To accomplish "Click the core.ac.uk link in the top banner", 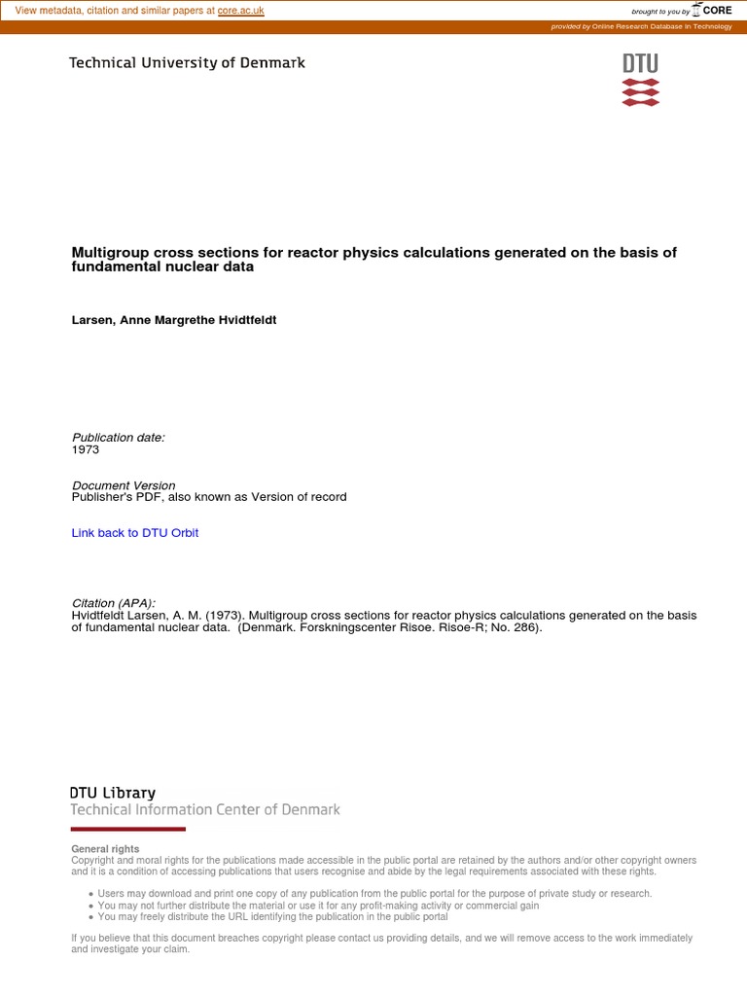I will tap(240, 11).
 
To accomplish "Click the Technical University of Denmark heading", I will tap(187, 62).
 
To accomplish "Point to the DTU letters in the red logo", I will tap(640, 64).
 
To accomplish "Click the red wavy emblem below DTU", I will tap(640, 92).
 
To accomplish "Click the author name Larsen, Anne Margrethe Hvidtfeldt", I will tap(174, 319).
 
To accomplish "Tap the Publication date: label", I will tap(119, 438).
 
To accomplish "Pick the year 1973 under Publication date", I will tap(86, 450).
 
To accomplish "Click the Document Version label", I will tap(124, 485).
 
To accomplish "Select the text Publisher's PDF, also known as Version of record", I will tap(209, 497).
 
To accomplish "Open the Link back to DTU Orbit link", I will tap(135, 533).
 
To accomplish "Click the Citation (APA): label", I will tap(114, 603).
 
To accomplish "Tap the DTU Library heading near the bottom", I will tap(112, 793).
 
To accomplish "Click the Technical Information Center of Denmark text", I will tap(205, 809).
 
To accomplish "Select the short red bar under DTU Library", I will tap(127, 829).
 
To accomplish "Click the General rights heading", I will tap(105, 849).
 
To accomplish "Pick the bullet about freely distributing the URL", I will tap(273, 916).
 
